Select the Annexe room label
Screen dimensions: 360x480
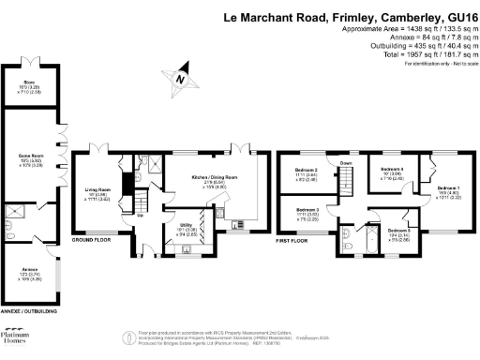pos(29,270)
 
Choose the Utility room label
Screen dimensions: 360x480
pos(186,225)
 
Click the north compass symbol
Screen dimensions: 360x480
pos(178,80)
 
